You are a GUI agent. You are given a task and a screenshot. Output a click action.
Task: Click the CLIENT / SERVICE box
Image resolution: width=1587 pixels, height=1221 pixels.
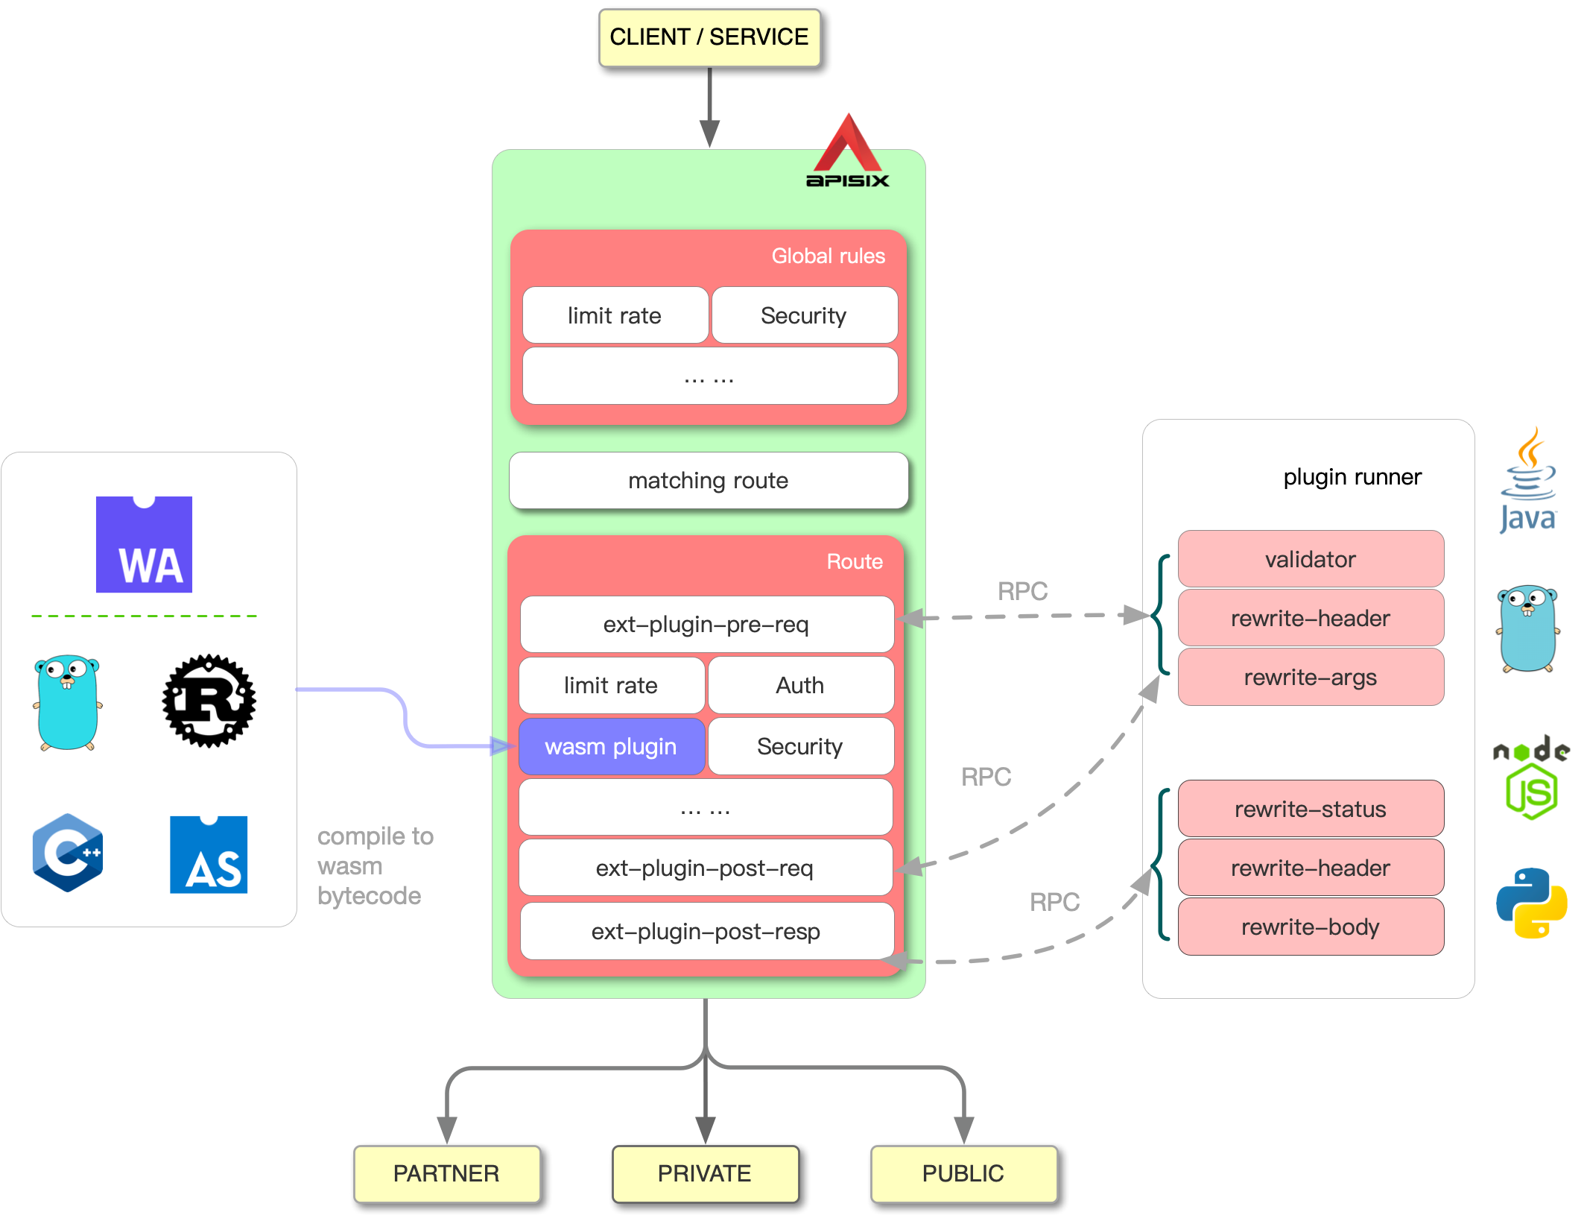[709, 37]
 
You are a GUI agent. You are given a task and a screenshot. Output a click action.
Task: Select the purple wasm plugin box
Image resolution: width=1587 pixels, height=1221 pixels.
[611, 746]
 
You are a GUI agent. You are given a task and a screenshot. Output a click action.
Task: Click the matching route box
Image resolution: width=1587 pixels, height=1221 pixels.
[708, 481]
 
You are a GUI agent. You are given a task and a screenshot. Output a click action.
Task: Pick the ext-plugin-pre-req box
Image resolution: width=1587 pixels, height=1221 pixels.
[706, 624]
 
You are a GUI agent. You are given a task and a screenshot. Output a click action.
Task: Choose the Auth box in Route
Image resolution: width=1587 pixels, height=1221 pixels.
[799, 685]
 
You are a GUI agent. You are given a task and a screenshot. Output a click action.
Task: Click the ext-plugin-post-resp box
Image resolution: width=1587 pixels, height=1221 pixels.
[706, 931]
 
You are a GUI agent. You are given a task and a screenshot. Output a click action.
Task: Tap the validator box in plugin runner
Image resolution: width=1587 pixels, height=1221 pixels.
[1310, 559]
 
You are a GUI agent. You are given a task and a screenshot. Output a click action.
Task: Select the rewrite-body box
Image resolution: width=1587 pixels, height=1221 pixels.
[1310, 927]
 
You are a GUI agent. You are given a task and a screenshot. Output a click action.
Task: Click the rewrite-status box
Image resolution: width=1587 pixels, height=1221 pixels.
[1310, 809]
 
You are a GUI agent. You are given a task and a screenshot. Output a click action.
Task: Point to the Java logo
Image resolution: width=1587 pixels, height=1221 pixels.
[1527, 481]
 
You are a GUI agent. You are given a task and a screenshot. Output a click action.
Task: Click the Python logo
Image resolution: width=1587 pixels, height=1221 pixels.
[1531, 903]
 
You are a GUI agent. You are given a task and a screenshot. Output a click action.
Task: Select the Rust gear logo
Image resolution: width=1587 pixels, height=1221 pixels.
[209, 701]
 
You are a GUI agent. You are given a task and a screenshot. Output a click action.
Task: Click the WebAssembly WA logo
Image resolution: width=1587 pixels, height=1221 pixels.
[144, 545]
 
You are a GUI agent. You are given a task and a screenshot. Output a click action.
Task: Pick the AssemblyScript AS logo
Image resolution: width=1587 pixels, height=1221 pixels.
[209, 855]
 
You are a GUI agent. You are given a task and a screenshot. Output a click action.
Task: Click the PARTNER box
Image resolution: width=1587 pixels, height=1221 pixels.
[446, 1173]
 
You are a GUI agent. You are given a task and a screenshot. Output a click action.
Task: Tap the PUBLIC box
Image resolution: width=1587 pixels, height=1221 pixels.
[963, 1173]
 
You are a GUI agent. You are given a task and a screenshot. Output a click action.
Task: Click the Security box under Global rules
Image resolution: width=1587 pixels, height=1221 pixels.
[803, 315]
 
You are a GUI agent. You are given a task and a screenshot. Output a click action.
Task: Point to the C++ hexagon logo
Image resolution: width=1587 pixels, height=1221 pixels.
[68, 853]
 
